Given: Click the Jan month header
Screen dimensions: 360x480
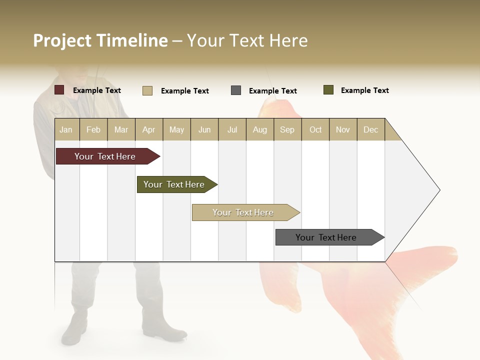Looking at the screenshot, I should [x=66, y=129].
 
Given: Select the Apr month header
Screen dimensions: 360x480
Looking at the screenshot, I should [x=149, y=129].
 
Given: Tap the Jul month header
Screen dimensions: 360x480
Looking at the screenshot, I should [x=232, y=129].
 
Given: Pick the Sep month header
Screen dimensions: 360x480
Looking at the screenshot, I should [x=287, y=129].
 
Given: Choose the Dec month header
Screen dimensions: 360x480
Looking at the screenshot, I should [x=370, y=129].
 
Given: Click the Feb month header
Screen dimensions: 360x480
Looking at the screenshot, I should [x=93, y=129].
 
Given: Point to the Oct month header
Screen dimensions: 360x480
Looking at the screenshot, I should [x=315, y=129].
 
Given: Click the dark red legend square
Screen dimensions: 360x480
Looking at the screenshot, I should [x=59, y=90].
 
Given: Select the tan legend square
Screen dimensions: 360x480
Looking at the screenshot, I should [x=147, y=90].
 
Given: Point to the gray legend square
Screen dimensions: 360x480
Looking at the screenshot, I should [x=236, y=90].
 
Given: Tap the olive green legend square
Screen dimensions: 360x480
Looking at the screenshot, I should [x=328, y=90].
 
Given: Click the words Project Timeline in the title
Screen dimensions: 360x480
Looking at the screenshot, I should [x=100, y=40].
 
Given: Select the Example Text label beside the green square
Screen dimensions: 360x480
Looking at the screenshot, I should [x=364, y=90].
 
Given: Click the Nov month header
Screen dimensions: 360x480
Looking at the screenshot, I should [x=343, y=129].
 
